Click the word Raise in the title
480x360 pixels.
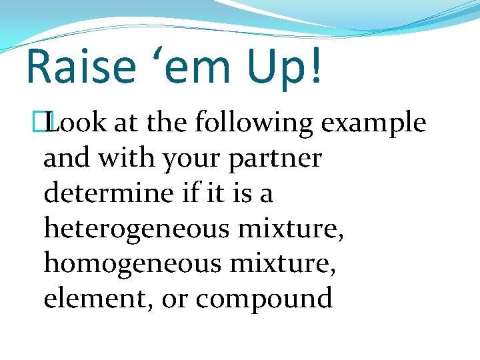click(x=75, y=67)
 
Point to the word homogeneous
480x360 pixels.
click(x=131, y=265)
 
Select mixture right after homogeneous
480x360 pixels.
click(x=287, y=265)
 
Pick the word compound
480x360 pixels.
click(x=264, y=300)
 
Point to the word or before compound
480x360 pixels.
click(x=175, y=300)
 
